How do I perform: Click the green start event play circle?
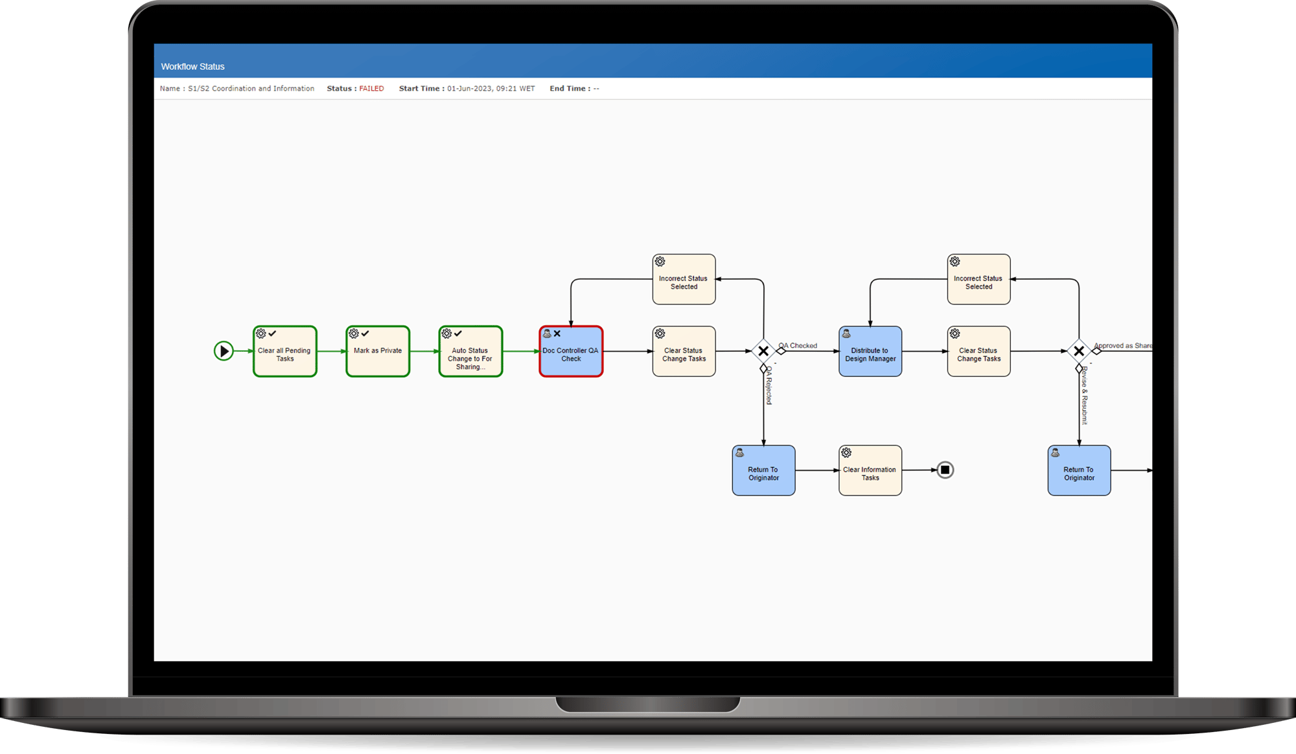click(x=224, y=351)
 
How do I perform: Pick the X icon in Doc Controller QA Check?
click(x=557, y=334)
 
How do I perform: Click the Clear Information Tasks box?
click(x=870, y=471)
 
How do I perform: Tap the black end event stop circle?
click(x=945, y=470)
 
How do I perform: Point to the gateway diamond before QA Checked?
click(x=763, y=351)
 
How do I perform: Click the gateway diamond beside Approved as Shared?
click(x=1079, y=351)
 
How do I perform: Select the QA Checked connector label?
click(x=798, y=345)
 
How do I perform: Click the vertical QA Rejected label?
click(x=769, y=387)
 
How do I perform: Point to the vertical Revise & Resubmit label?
click(x=1085, y=396)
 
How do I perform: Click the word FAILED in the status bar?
click(x=371, y=89)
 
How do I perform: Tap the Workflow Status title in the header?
click(x=192, y=67)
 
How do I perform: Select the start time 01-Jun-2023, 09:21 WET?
click(x=491, y=89)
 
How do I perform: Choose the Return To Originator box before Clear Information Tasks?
click(x=763, y=471)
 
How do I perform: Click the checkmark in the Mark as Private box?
click(x=365, y=334)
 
